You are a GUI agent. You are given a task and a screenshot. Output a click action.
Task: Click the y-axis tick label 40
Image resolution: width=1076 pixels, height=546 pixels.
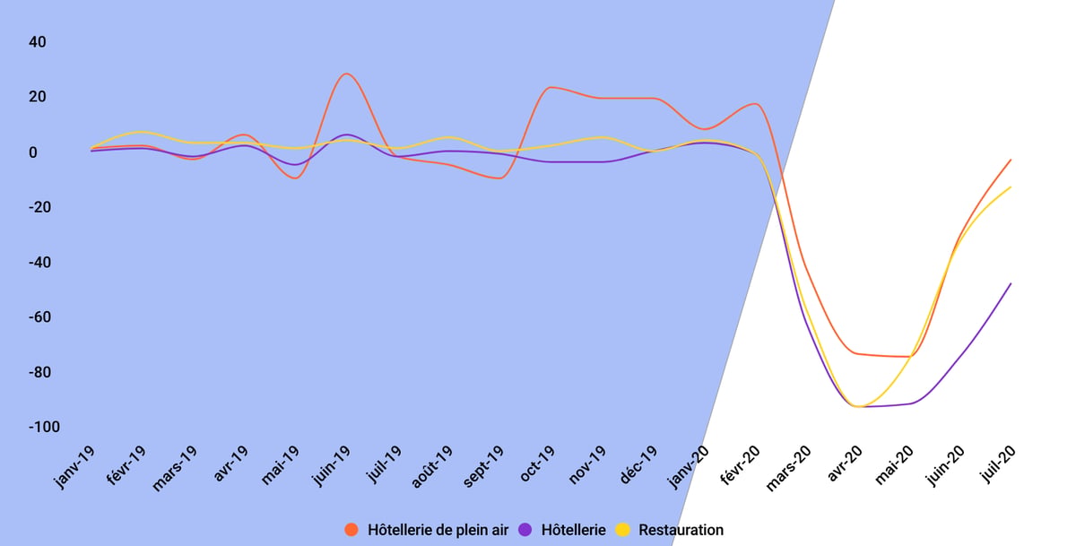pos(38,42)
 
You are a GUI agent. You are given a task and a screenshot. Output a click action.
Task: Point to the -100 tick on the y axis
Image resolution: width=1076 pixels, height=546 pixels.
pos(44,427)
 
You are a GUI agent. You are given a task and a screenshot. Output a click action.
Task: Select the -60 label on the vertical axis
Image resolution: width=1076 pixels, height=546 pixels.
pos(39,317)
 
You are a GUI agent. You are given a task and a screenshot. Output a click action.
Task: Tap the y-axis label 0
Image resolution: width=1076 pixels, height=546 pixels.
pos(32,152)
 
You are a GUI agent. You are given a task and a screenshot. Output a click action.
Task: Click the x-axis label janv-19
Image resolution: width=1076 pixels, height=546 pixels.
pos(74,467)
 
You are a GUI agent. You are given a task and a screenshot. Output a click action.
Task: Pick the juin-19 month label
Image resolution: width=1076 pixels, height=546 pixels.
pos(331,466)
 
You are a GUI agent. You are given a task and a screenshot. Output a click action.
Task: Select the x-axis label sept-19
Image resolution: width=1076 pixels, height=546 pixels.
pos(483,466)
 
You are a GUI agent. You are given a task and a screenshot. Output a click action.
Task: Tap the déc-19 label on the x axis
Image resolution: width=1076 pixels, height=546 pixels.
pos(638,464)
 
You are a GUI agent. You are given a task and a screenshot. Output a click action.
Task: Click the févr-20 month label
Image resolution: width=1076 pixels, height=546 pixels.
pos(740,465)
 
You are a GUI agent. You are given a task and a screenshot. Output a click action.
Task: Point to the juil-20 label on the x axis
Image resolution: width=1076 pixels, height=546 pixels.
pos(999,464)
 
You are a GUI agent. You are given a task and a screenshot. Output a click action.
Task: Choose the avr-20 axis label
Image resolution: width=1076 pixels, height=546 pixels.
pos(845,464)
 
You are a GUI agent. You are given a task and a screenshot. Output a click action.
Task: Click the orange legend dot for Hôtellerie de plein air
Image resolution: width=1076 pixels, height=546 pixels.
pos(351,530)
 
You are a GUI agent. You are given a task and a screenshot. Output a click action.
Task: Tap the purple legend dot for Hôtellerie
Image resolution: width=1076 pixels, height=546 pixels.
pos(525,530)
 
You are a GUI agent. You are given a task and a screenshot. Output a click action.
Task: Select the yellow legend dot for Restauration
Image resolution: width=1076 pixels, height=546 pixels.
pos(623,530)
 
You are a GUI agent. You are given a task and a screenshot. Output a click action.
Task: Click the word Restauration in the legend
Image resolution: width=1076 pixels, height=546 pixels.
pos(681,530)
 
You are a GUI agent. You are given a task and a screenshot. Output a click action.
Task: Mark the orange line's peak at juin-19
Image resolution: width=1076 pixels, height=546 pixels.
pos(347,74)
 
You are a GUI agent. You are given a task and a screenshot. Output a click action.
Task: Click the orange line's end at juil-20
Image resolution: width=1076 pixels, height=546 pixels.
pos(1011,160)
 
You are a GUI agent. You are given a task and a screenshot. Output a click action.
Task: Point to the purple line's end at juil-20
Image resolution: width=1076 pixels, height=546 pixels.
pos(1011,284)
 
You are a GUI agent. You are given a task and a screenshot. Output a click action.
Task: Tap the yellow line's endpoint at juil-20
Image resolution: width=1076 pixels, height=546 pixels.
pos(1011,187)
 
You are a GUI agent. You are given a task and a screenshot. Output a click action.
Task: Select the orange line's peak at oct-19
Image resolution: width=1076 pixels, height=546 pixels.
pos(551,87)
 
